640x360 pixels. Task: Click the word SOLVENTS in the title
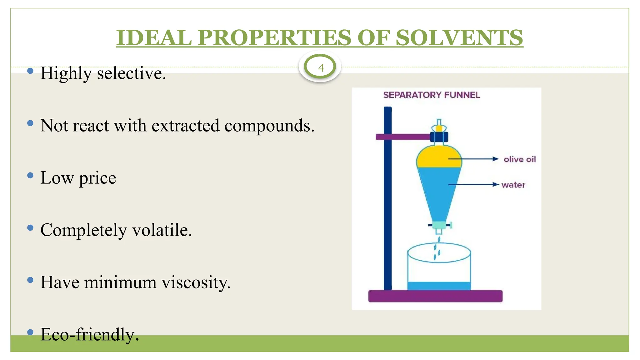point(459,38)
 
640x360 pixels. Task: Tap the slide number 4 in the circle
point(321,68)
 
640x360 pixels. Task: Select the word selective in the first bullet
point(131,73)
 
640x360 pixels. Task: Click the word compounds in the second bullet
point(269,126)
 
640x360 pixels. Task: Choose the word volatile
point(162,230)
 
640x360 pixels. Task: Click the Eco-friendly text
point(90,335)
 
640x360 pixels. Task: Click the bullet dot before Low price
point(30,175)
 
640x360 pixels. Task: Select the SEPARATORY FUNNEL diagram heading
point(431,95)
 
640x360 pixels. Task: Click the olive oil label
point(520,159)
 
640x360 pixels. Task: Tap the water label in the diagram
point(513,185)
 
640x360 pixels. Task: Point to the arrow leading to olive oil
point(473,159)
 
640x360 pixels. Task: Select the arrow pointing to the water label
point(473,184)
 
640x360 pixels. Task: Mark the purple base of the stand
point(435,296)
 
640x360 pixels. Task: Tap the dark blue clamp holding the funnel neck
point(439,137)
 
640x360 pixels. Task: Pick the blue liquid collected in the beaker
point(439,286)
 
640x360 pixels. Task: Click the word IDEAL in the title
point(154,38)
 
